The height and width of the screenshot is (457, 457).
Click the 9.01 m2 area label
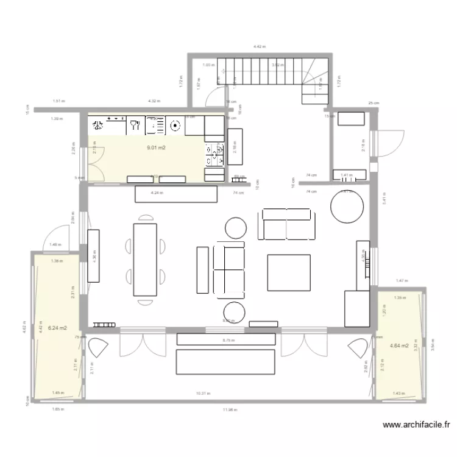point(157,147)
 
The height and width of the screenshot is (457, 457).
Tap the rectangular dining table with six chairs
point(145,260)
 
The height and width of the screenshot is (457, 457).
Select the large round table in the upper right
point(348,207)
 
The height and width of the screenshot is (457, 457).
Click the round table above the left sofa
point(236,228)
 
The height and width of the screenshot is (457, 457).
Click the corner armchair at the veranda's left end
point(98,349)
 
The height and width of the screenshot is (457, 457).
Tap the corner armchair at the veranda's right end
point(358,349)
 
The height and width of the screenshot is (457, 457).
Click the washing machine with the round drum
point(174,126)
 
